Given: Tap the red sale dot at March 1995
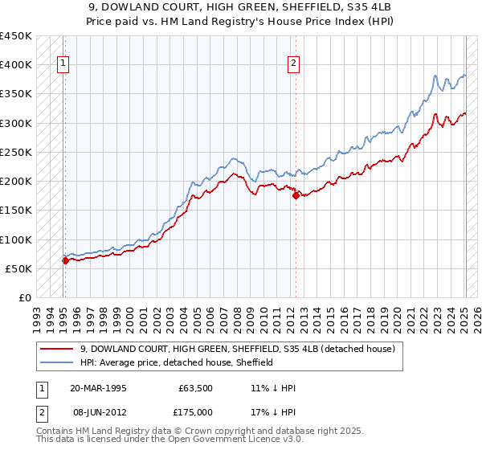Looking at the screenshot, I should click(x=65, y=260).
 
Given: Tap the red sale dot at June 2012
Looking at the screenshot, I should click(x=296, y=195).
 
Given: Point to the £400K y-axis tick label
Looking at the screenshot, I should click(x=16, y=65).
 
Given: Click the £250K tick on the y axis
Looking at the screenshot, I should click(x=16, y=152).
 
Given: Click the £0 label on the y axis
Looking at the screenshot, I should click(x=25, y=297).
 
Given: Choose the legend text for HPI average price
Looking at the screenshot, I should click(x=177, y=363).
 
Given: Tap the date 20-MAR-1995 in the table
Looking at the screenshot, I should click(x=98, y=387).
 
